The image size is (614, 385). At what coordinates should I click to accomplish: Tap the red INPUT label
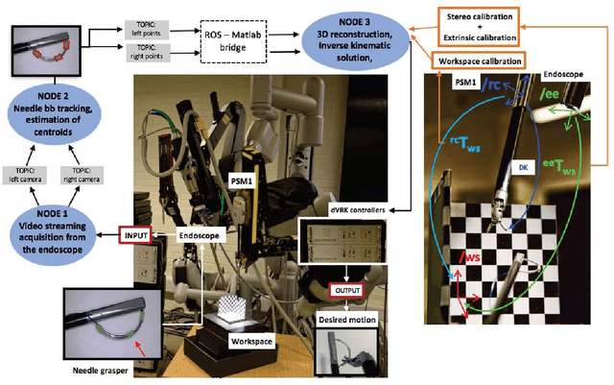coord(133,233)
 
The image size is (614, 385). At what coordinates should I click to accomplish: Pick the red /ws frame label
coord(472,257)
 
